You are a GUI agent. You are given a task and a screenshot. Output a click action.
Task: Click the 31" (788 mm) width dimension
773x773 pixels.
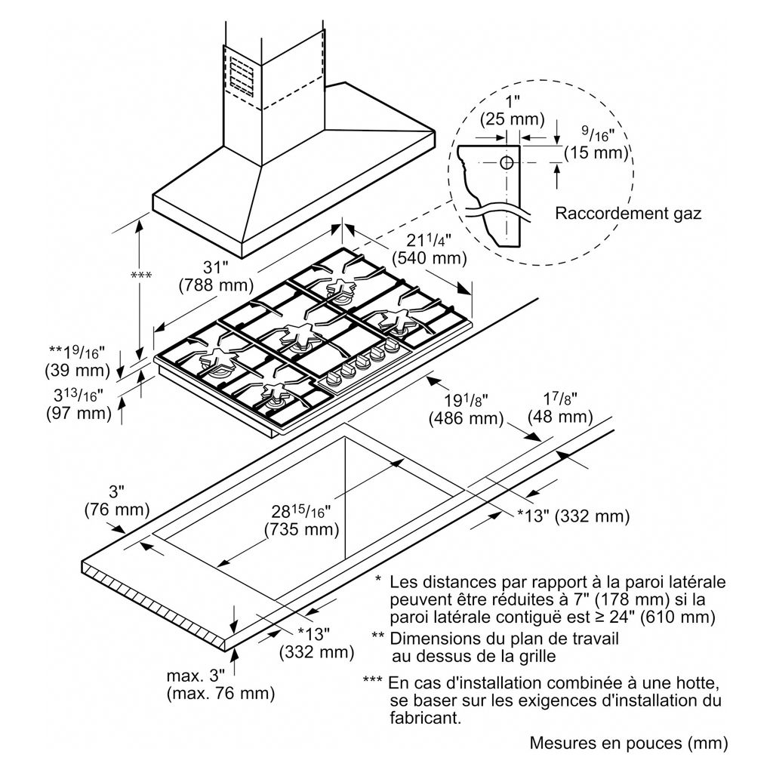(x=216, y=276)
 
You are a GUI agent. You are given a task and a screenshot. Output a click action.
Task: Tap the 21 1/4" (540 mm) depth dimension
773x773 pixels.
(x=429, y=249)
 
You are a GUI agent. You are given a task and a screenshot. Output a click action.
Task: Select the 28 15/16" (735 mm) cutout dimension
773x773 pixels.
(x=302, y=521)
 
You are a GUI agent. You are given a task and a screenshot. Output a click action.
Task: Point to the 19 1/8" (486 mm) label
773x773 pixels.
(x=466, y=410)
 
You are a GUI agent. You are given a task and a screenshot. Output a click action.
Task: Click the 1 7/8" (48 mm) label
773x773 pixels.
(x=560, y=408)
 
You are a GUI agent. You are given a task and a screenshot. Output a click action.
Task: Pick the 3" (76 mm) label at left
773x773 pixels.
(x=117, y=500)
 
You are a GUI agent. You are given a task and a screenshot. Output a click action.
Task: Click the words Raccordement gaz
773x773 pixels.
(x=628, y=213)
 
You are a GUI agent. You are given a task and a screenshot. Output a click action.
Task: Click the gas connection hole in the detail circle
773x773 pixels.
(x=507, y=163)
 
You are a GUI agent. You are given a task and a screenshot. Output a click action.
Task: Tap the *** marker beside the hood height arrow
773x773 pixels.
(x=141, y=275)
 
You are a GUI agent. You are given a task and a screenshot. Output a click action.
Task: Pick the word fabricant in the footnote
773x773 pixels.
(x=426, y=717)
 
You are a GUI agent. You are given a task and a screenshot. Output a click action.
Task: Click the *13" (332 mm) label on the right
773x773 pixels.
(x=574, y=516)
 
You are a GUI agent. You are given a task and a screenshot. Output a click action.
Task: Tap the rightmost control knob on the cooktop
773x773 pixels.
(x=392, y=346)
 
